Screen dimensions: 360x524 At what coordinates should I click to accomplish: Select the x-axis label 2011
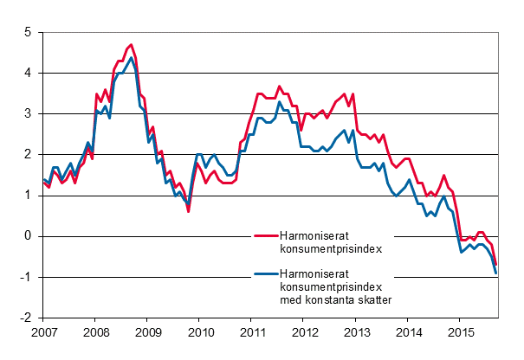pyautogui.click(x=252, y=332)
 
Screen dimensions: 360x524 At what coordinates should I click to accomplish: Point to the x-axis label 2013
pyautogui.click(x=357, y=332)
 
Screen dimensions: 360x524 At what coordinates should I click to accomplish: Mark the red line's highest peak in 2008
pyautogui.click(x=131, y=44)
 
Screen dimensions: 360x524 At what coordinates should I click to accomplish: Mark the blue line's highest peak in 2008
pyautogui.click(x=131, y=59)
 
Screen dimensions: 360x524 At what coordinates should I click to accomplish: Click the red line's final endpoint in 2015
pyautogui.click(x=496, y=264)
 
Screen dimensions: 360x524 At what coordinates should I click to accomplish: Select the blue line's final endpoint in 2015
pyautogui.click(x=496, y=273)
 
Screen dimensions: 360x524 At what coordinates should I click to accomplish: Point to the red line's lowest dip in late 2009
pyautogui.click(x=189, y=211)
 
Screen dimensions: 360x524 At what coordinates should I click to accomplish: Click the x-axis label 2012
pyautogui.click(x=305, y=332)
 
